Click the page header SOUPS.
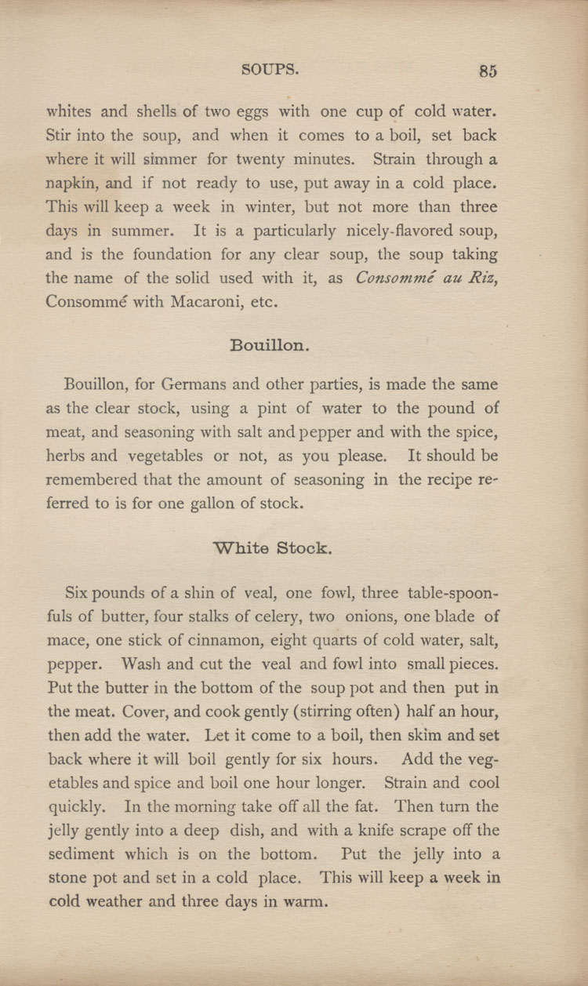pos(270,69)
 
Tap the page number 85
pos(488,71)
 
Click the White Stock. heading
pos(273,548)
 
